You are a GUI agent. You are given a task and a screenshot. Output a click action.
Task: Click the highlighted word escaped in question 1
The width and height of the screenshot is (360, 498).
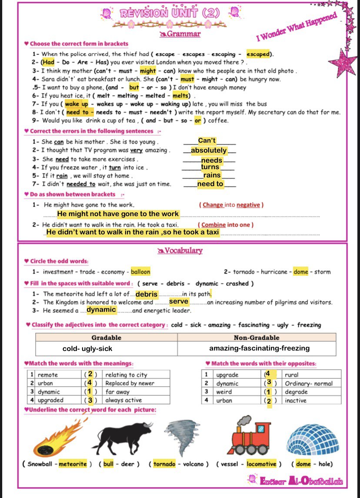(258, 54)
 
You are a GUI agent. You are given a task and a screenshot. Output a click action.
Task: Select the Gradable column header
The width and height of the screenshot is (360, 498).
(106, 338)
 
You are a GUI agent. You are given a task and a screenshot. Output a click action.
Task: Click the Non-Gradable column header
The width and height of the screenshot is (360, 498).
(257, 338)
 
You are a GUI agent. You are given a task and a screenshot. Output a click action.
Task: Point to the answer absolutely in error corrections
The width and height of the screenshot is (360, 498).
(209, 150)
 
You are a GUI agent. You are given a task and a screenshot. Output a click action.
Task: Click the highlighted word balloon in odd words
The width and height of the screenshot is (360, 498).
(140, 272)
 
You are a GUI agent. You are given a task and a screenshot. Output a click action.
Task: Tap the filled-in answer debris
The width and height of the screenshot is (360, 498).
(147, 294)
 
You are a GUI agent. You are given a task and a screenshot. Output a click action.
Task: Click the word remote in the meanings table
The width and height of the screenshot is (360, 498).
(48, 375)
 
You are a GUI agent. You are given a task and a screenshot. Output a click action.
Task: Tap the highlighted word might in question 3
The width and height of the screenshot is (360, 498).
(148, 71)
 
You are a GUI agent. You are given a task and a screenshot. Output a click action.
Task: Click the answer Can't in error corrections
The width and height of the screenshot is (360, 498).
(207, 140)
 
